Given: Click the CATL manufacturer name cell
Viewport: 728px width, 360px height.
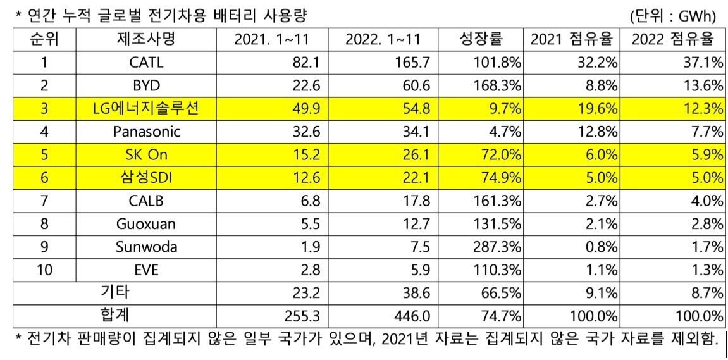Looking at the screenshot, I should [146, 63].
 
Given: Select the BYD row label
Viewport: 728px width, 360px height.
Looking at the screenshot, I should [146, 86].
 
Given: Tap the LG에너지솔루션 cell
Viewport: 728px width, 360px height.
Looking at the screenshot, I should [146, 109].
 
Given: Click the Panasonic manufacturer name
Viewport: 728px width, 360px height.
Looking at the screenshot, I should [146, 132].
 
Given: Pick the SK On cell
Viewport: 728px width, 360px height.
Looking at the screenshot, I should [146, 155].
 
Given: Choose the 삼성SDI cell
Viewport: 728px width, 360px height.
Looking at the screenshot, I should [146, 178].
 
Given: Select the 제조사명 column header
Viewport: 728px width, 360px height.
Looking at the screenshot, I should [146, 40].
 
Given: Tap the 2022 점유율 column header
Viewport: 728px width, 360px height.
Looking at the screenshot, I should [673, 40].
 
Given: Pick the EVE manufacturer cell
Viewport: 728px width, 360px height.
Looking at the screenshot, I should [146, 270].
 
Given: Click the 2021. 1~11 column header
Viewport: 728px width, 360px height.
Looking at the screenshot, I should [272, 40].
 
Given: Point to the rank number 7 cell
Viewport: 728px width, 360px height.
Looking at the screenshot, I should [44, 201].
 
